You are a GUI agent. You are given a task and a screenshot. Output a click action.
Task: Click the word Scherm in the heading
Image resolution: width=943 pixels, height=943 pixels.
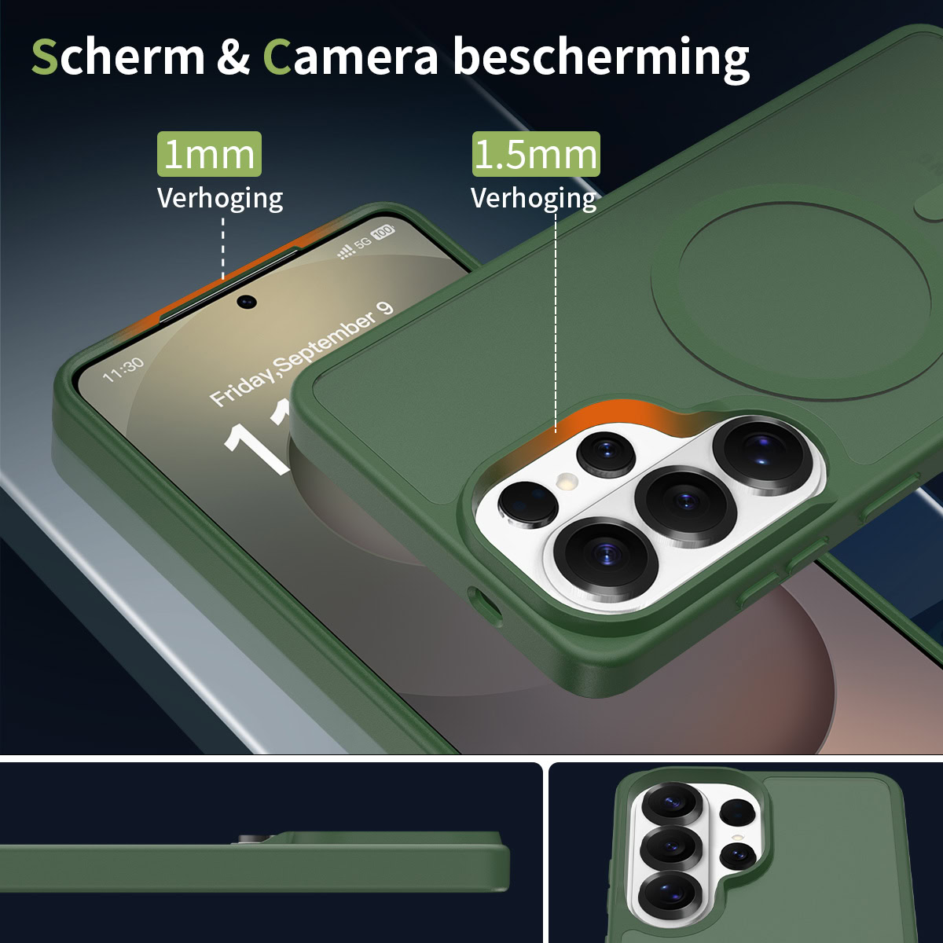118,57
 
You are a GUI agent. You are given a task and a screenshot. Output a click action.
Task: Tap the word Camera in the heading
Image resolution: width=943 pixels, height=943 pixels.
350,57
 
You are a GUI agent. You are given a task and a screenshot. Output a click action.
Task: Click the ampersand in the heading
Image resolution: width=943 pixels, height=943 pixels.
233,57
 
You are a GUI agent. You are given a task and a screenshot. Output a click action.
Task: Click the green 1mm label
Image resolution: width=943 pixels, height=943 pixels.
210,154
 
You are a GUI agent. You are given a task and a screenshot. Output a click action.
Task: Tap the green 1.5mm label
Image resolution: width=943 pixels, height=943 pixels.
536,154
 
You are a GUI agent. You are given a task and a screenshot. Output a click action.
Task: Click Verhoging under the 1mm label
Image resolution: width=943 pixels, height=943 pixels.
220,199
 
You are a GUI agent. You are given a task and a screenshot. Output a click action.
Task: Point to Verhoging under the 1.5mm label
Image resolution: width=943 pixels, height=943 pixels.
534,199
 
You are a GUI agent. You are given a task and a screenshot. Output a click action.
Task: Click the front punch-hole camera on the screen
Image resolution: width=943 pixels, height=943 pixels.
247,301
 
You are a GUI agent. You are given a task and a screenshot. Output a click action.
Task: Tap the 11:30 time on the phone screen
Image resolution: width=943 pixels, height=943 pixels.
123,369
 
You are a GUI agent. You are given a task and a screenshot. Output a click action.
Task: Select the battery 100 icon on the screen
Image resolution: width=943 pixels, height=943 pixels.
384,231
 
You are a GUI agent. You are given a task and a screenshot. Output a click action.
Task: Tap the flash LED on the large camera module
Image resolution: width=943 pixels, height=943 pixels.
567,481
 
